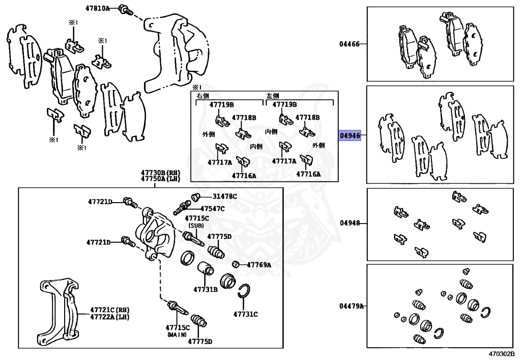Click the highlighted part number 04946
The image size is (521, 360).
point(350,136)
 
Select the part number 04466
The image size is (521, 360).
point(350,44)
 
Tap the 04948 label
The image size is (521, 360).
point(350,223)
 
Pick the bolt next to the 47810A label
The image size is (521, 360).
point(125,9)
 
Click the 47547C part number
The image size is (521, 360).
point(212,208)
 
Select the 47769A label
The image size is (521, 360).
point(259,264)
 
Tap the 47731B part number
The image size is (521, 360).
point(205,289)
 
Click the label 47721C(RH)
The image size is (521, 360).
point(108,310)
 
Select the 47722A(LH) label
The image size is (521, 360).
point(108,317)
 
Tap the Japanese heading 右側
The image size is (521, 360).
point(203,96)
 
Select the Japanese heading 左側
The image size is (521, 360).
point(273,96)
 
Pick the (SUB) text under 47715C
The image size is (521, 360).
point(196,225)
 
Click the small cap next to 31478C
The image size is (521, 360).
point(194,197)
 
